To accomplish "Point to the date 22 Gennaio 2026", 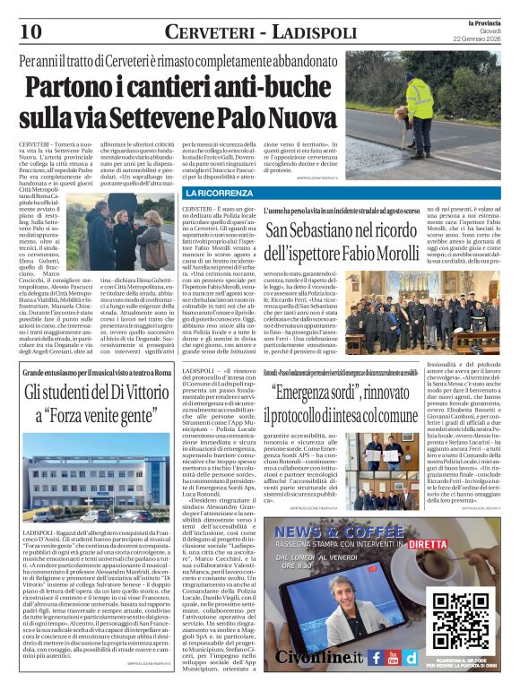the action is (477, 38).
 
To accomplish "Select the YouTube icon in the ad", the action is (394, 657).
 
